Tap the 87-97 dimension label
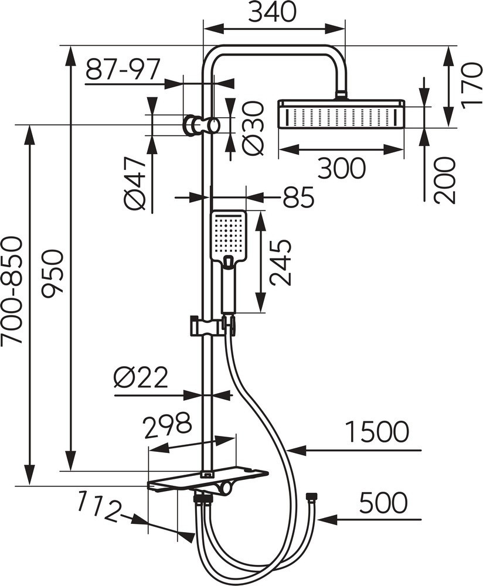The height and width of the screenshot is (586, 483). tap(123, 70)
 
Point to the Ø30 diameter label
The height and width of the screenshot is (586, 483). tap(253, 128)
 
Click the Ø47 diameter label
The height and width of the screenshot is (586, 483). tap(135, 183)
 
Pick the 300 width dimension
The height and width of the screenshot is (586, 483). tap(341, 168)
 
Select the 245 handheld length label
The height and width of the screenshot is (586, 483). tap(280, 263)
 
